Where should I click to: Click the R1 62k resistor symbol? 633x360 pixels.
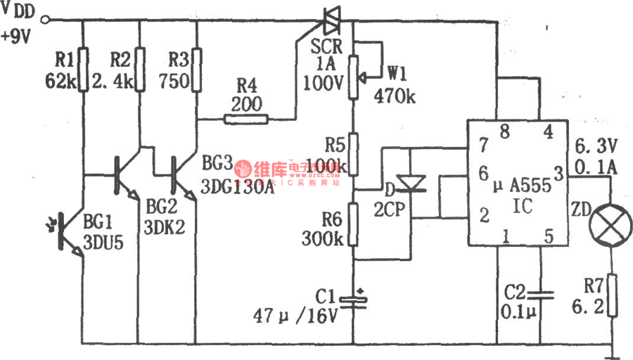point(83,69)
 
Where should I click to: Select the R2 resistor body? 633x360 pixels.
point(140,69)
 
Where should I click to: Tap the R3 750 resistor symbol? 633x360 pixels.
point(197,69)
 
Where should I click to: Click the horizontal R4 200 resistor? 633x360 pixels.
point(245,120)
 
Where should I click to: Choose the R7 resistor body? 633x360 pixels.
point(610,296)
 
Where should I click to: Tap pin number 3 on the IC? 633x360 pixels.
point(557,172)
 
